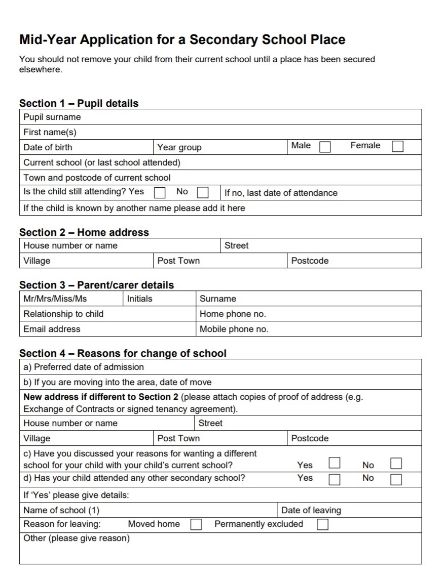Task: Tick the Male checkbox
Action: (325, 147)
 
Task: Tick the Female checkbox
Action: (398, 146)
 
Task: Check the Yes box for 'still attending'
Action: (160, 193)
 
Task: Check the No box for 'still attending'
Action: (203, 193)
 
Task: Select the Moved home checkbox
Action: (196, 525)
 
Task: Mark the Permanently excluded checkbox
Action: (322, 525)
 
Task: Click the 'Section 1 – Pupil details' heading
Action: (79, 103)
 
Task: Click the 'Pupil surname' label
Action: (52, 117)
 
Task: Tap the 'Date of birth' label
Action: (48, 147)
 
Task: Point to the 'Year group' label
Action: (179, 147)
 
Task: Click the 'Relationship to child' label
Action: (63, 314)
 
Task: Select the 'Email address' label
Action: (52, 329)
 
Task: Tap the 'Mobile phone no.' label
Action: (234, 329)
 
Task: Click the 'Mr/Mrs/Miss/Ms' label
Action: (55, 299)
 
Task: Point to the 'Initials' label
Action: (139, 299)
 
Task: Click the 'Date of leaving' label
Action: (311, 510)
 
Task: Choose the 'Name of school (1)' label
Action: (61, 510)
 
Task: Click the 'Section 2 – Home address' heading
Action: (84, 232)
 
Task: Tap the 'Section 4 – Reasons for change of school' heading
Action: (123, 353)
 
